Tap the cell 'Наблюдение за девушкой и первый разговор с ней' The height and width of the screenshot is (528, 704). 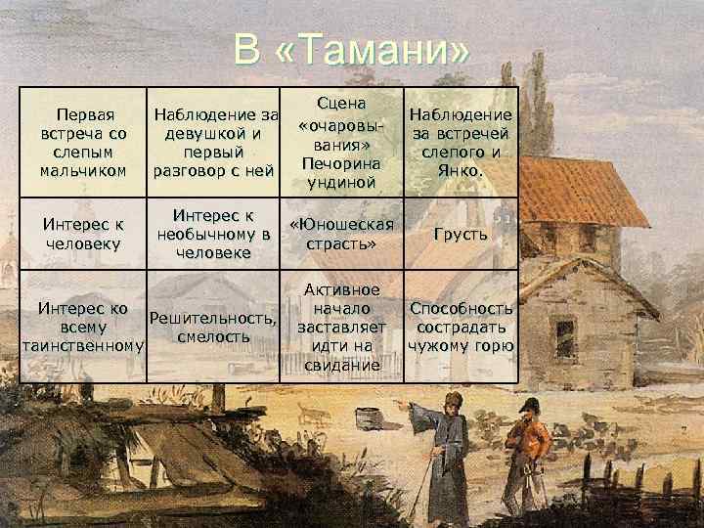(x=211, y=143)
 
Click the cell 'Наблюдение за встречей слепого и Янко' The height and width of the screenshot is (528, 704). (x=461, y=143)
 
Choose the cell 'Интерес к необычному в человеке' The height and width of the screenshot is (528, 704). (x=211, y=234)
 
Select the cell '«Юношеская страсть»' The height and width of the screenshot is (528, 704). (x=341, y=235)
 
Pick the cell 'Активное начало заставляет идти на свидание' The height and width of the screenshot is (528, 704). (x=341, y=327)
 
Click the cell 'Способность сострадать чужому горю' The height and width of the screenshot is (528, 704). (x=461, y=327)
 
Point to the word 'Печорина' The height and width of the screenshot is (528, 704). (x=341, y=161)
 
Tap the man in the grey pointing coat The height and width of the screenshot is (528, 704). (x=445, y=445)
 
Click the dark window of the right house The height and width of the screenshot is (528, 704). (x=565, y=338)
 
